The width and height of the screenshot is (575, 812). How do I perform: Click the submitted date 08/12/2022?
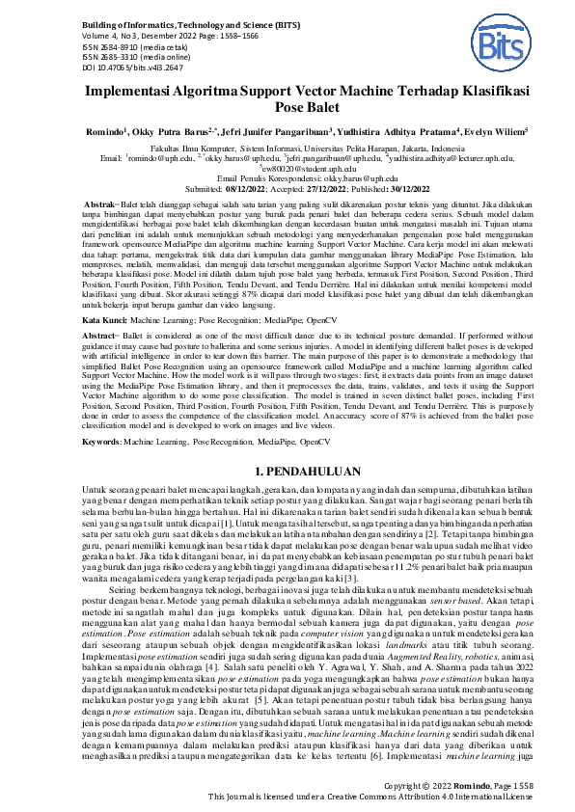tap(256, 190)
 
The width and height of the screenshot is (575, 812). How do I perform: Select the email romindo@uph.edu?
tap(158, 158)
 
